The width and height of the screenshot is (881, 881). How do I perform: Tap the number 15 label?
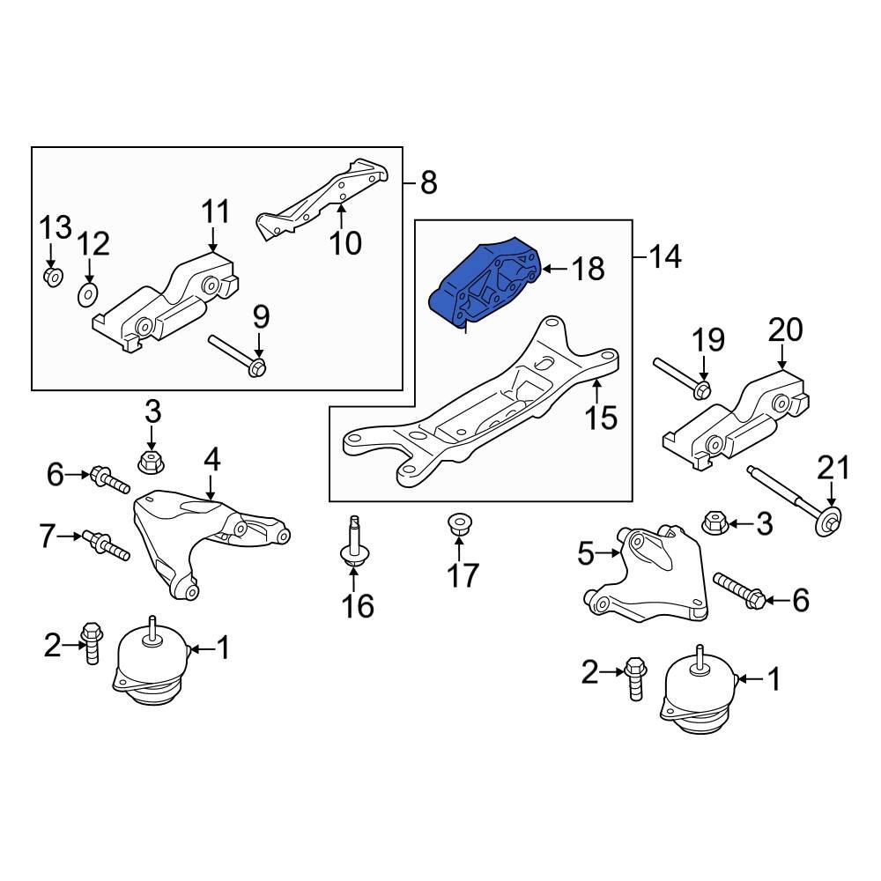click(602, 417)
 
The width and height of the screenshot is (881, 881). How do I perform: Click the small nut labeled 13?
click(52, 278)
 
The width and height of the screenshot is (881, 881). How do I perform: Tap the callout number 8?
click(427, 183)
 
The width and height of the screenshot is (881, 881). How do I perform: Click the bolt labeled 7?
click(106, 544)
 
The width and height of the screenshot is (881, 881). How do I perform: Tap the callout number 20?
click(786, 330)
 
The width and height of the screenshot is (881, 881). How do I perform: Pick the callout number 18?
click(589, 268)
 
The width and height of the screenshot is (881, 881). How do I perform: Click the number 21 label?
click(835, 467)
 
